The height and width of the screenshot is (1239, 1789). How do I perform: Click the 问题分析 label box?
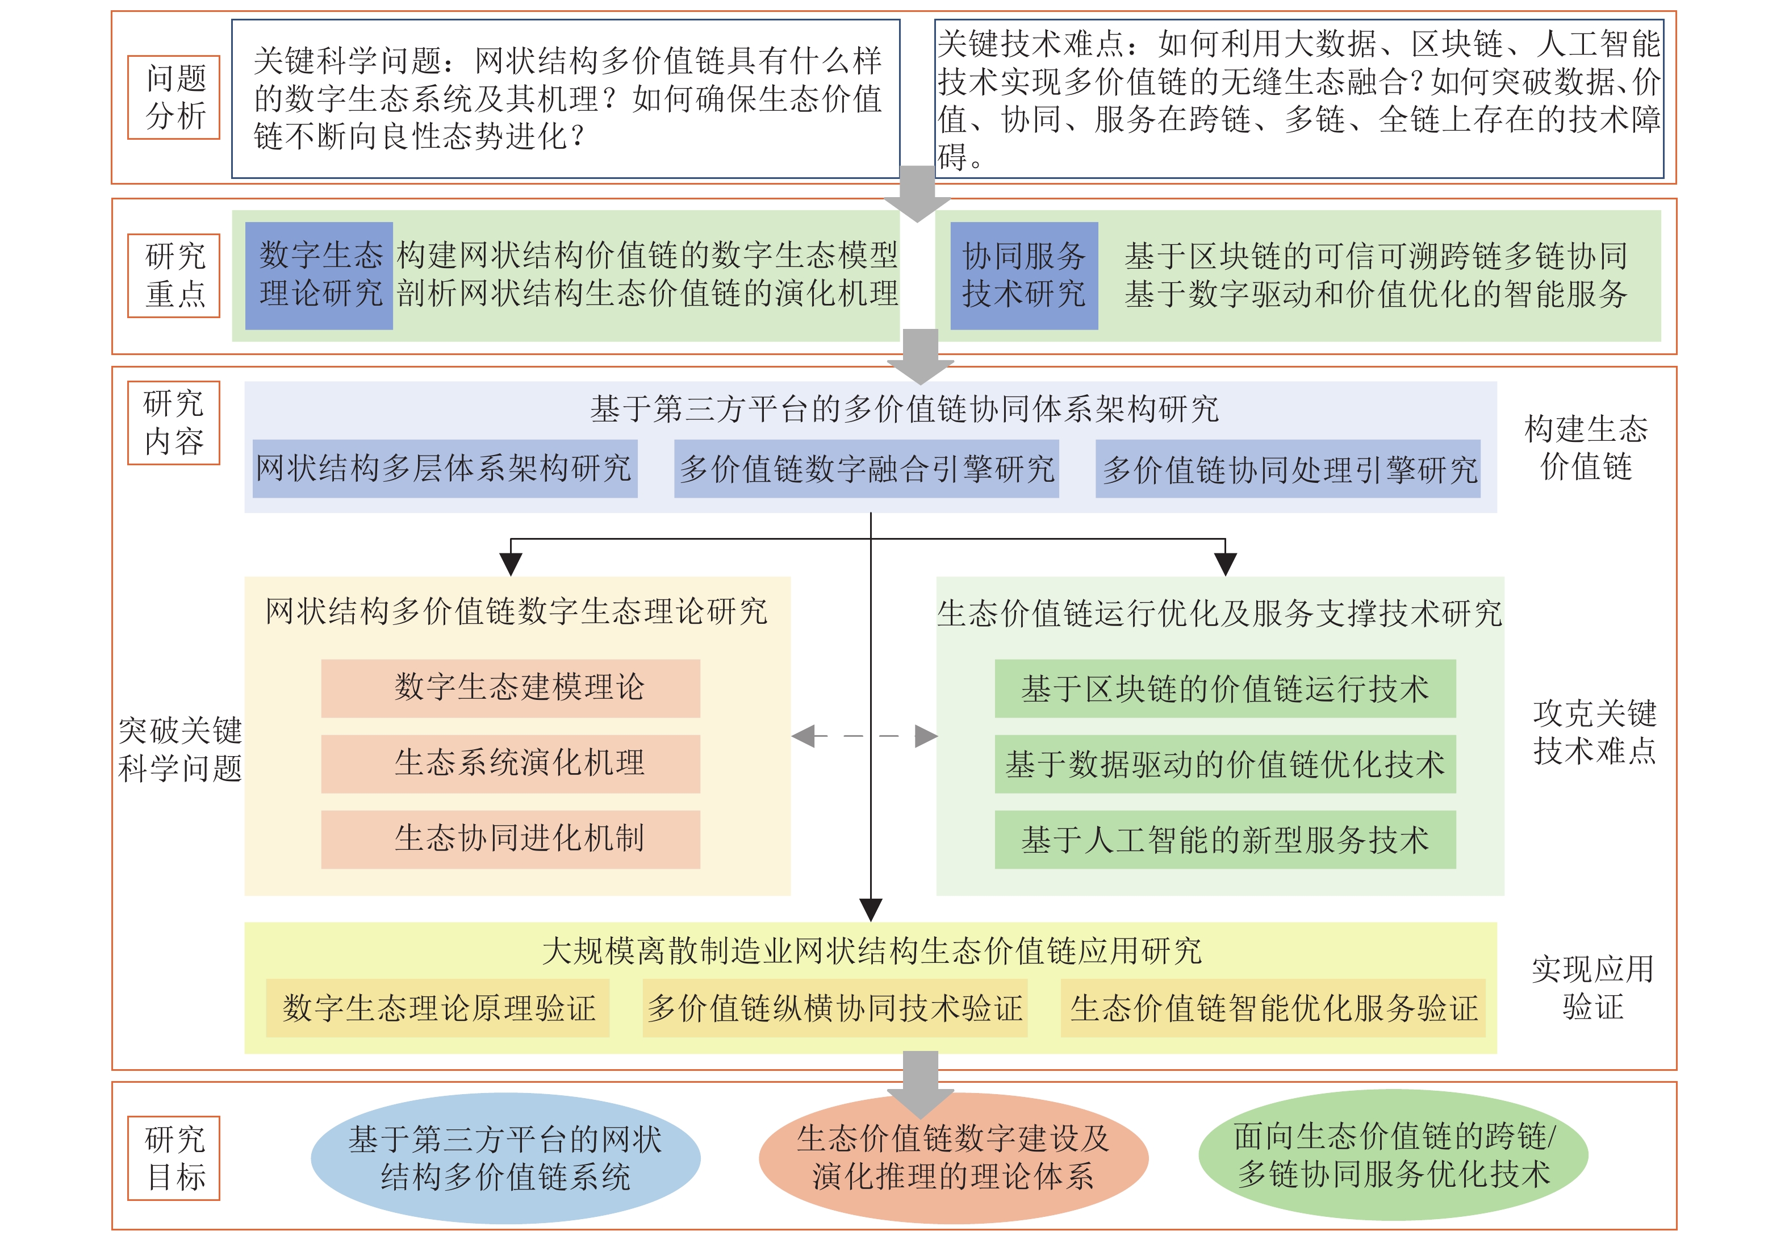(174, 97)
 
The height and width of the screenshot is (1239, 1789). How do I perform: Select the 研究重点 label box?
(174, 276)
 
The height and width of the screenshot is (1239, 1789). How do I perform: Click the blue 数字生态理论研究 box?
(319, 276)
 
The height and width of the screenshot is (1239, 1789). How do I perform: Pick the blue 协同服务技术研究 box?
(1024, 276)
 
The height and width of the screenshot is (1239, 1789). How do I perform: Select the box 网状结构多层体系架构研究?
(445, 469)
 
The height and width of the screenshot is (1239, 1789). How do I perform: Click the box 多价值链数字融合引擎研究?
(866, 469)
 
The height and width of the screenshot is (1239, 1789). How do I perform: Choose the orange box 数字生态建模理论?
(511, 688)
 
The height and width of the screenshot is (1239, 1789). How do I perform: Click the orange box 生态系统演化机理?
(511, 763)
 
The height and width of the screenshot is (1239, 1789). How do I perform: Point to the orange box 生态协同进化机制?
(511, 839)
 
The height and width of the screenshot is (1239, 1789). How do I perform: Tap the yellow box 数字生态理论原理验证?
(438, 1008)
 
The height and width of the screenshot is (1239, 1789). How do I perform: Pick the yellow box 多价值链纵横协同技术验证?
(834, 1008)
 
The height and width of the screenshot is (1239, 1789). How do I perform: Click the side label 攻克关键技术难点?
(1594, 732)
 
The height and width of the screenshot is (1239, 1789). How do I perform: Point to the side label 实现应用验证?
(1592, 987)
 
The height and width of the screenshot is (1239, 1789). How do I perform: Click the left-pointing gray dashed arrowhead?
(804, 736)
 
